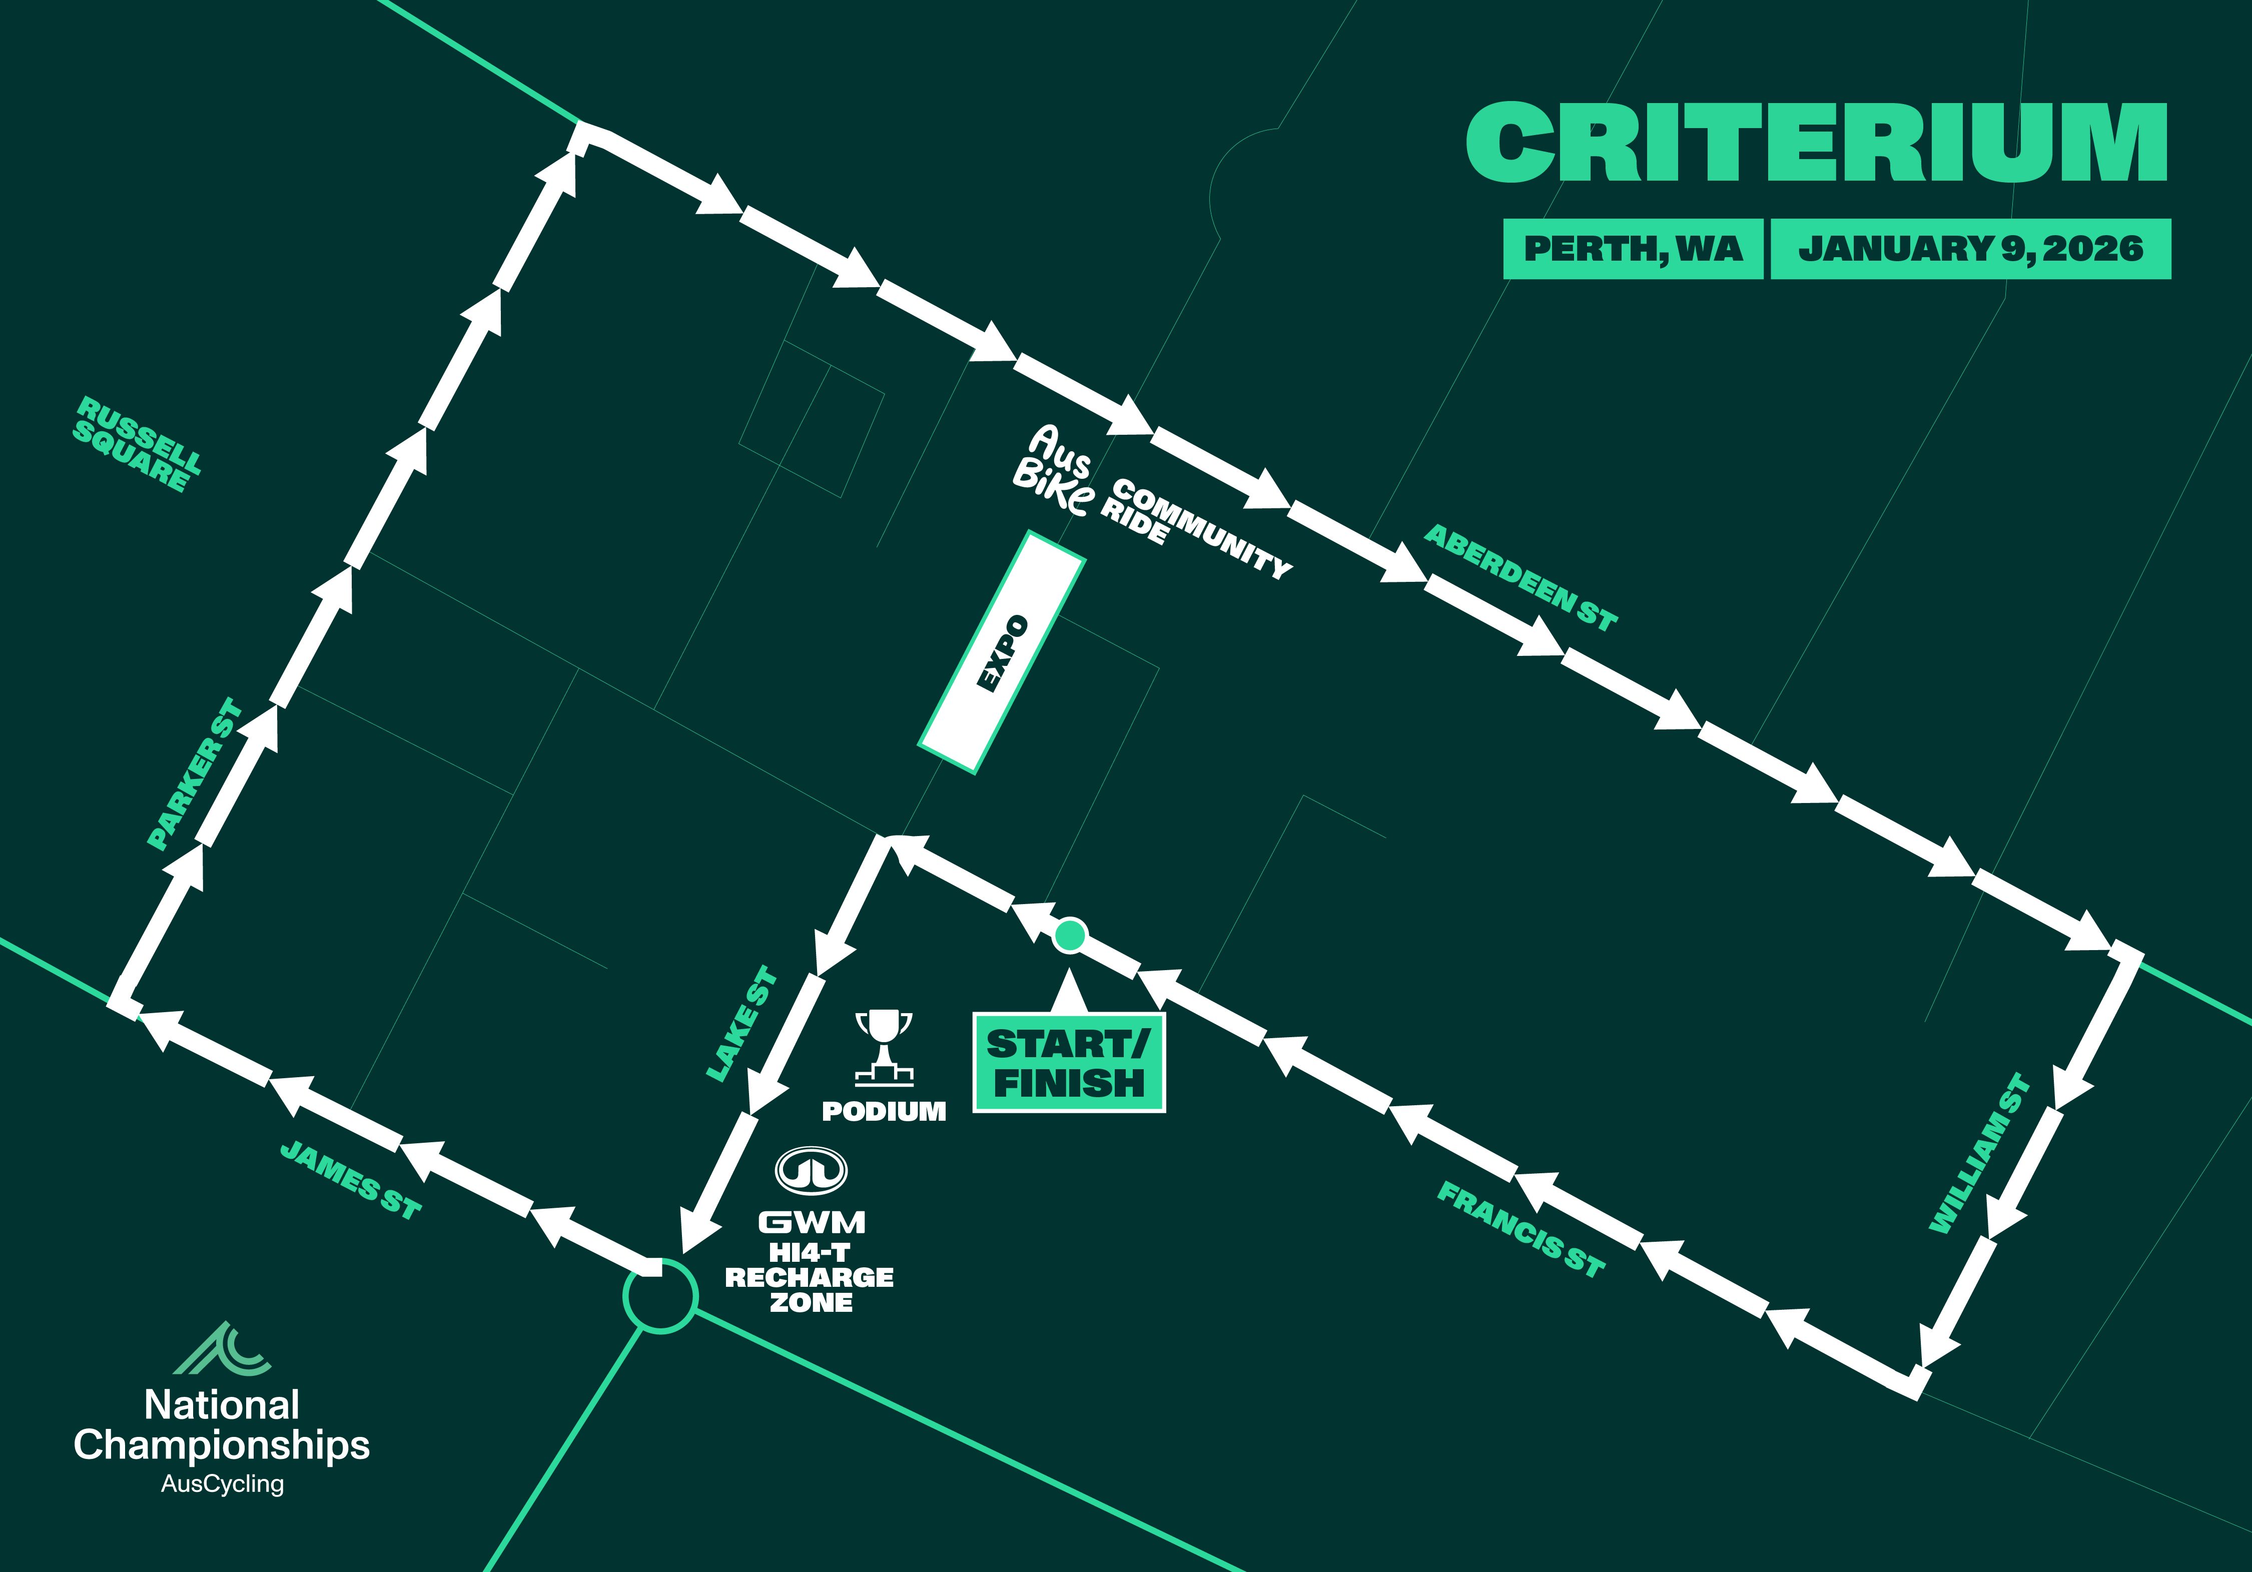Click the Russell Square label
coord(137,444)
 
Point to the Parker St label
coord(194,773)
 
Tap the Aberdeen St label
coord(1521,577)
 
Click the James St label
coord(350,1180)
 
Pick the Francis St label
coord(1521,1229)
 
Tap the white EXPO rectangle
coord(1002,652)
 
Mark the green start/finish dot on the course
coord(1069,935)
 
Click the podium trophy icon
coord(884,1046)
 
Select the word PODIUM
coord(884,1111)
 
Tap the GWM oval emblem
coord(811,1170)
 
